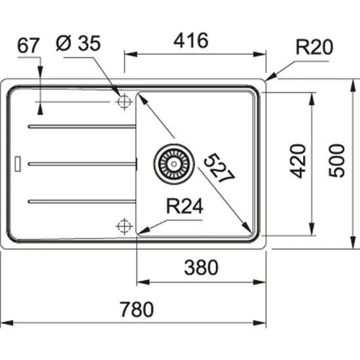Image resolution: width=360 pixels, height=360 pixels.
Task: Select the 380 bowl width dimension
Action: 200,267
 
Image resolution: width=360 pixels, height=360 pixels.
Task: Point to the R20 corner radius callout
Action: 315,47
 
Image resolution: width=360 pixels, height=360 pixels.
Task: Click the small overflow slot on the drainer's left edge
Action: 18,161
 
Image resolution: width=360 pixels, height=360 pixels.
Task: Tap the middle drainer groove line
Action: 82,161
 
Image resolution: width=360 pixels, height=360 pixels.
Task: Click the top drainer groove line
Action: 82,125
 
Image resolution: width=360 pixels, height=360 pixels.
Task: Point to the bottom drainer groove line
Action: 82,198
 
